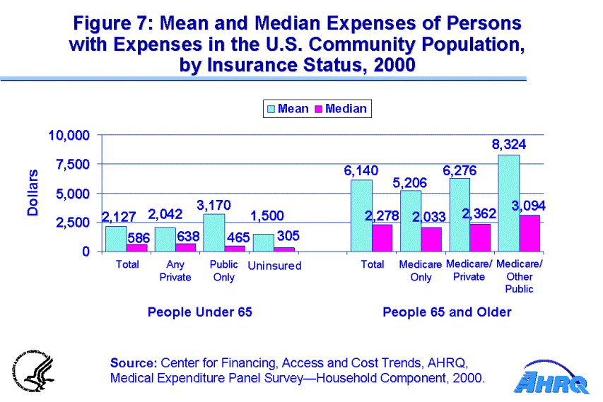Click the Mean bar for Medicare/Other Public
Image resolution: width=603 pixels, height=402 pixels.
509,203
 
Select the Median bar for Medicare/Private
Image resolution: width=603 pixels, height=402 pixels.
480,237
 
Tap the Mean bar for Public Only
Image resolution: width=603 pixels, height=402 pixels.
213,232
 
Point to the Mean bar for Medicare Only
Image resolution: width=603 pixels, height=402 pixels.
411,220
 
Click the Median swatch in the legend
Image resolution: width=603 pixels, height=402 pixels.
318,109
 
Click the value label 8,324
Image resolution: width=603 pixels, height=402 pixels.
509,145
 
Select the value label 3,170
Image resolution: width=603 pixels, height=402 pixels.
213,204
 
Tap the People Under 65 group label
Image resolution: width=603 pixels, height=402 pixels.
199,312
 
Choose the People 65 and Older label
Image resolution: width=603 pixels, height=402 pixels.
447,312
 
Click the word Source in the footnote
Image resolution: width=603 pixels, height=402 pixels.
133,362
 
